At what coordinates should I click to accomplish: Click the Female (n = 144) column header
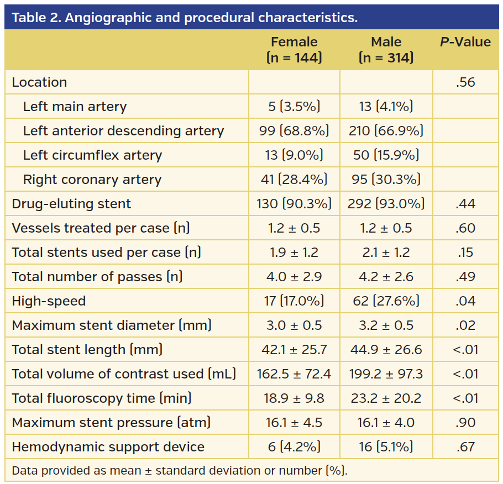click(294, 50)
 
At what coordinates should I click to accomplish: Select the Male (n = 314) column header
click(386, 50)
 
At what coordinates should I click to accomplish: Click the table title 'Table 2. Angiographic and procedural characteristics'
click(185, 17)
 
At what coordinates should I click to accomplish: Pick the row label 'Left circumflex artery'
click(92, 155)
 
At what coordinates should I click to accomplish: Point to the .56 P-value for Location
click(465, 82)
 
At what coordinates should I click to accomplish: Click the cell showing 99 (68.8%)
click(294, 131)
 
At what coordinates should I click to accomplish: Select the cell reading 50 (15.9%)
click(386, 155)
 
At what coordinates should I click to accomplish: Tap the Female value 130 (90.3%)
click(294, 204)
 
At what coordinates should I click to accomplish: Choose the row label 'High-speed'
click(49, 301)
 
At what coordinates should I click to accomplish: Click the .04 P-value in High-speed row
click(465, 301)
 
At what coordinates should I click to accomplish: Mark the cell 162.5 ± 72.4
click(294, 374)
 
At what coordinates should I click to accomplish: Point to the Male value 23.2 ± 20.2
click(386, 398)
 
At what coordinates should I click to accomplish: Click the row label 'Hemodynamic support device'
click(108, 447)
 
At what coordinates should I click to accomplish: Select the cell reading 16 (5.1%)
click(386, 447)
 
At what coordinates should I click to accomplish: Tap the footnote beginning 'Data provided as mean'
click(180, 471)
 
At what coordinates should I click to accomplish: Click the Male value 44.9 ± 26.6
click(386, 350)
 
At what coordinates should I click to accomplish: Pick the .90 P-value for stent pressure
click(465, 423)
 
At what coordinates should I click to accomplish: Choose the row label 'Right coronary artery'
click(92, 180)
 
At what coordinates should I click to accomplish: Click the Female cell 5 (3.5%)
click(294, 107)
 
